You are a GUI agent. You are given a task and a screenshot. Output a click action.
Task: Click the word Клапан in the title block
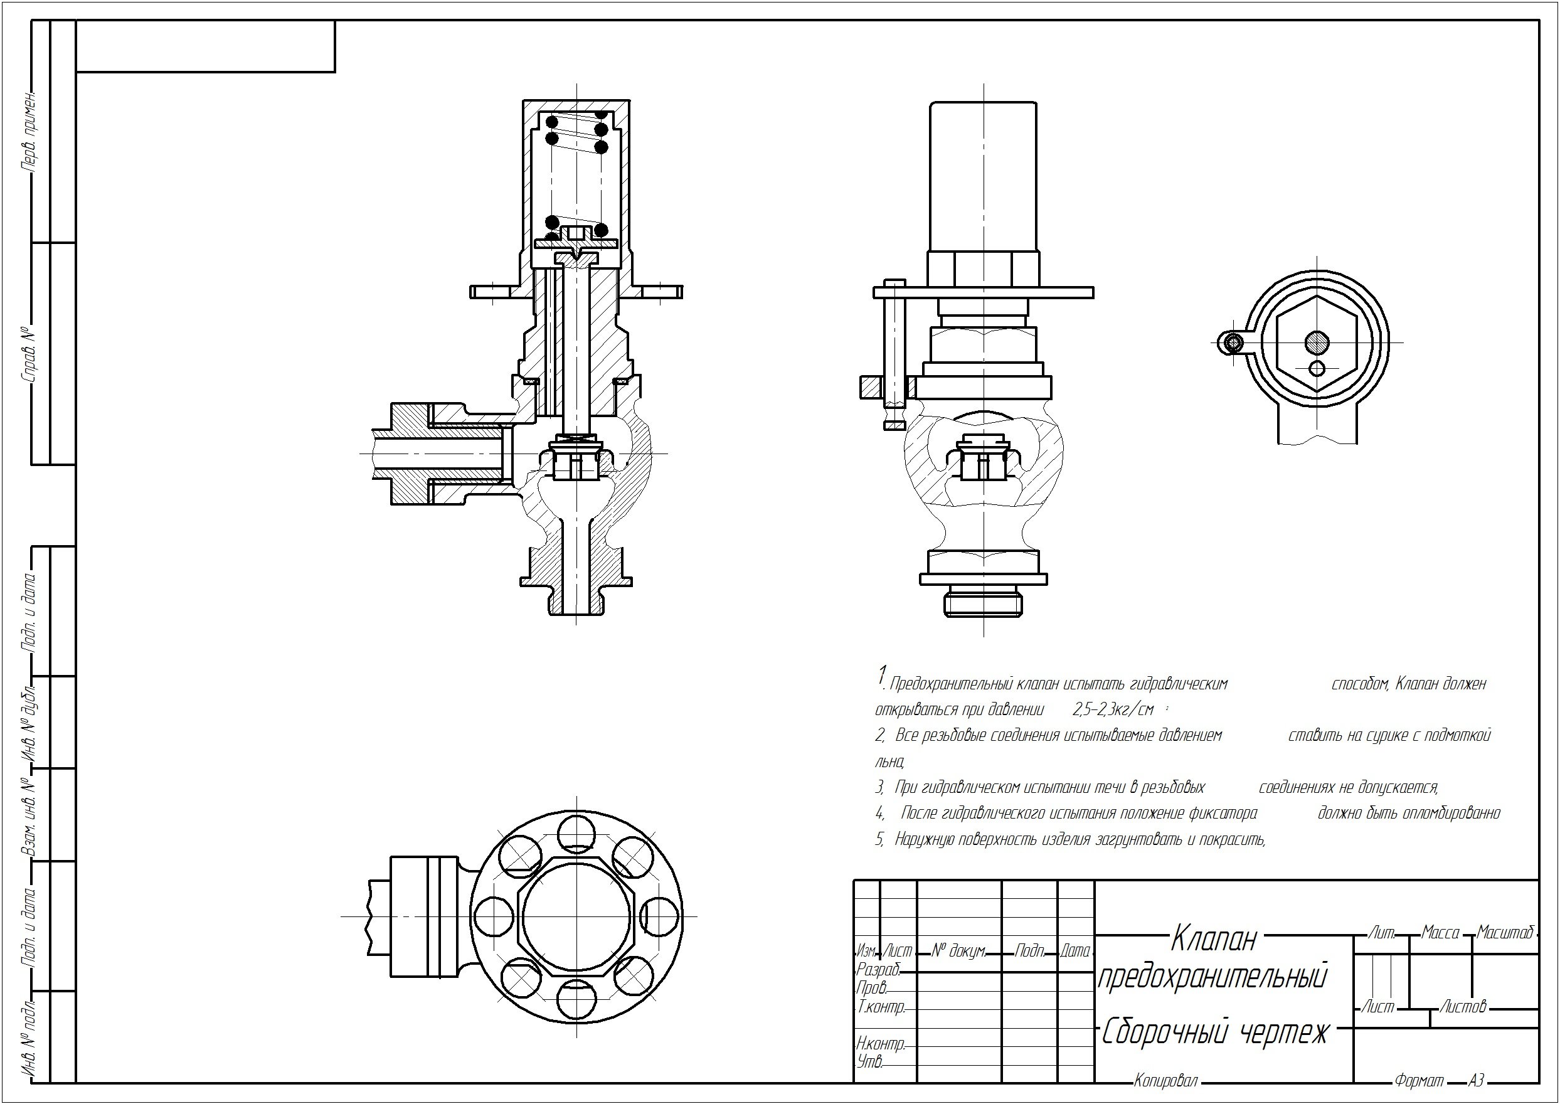pos(1214,940)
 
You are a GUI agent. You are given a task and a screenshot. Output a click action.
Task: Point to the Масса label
pos(1440,933)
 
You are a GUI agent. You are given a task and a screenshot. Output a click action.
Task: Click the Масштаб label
pos(1505,933)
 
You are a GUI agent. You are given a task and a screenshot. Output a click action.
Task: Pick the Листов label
pos(1463,1007)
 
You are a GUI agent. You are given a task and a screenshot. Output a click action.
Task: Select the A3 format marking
pos(1475,1080)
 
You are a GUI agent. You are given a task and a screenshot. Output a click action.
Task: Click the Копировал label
pos(1165,1081)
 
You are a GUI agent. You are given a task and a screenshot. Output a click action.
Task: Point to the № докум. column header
pos(958,951)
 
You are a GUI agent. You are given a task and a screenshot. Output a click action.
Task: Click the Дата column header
pos(1075,951)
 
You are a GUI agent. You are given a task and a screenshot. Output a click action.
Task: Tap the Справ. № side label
pos(29,354)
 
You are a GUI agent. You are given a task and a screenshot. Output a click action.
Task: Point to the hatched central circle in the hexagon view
pos(1317,342)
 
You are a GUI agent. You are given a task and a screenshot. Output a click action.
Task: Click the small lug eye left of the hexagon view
pos(1232,343)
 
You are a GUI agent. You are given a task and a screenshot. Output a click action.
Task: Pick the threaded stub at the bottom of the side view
pos(984,603)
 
